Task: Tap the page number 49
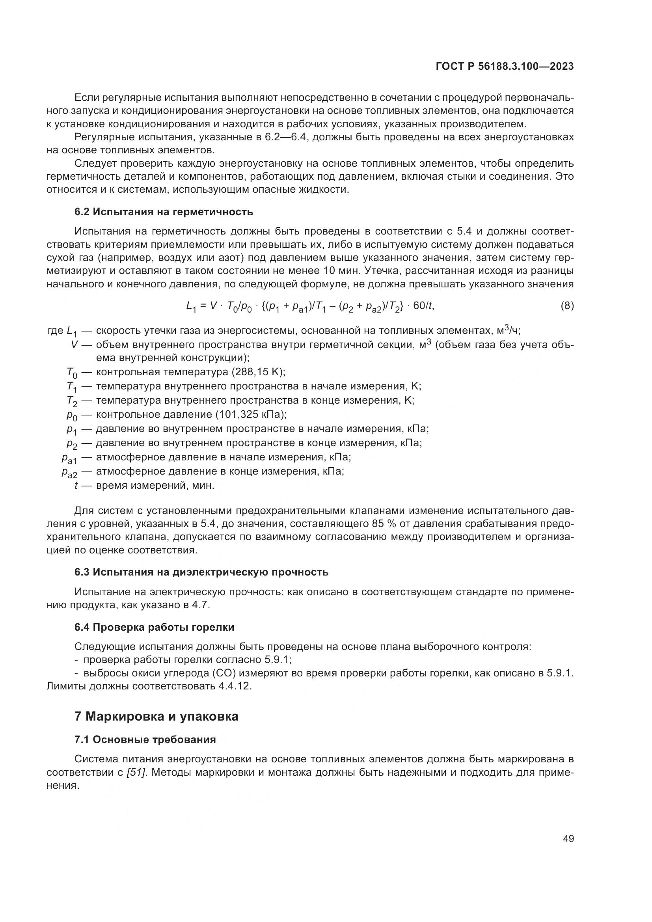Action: (568, 839)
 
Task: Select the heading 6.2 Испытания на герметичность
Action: (164, 212)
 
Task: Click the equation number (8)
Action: (567, 306)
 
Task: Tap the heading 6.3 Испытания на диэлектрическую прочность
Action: (201, 572)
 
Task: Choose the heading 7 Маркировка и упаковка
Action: (156, 717)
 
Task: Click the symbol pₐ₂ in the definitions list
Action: (69, 472)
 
